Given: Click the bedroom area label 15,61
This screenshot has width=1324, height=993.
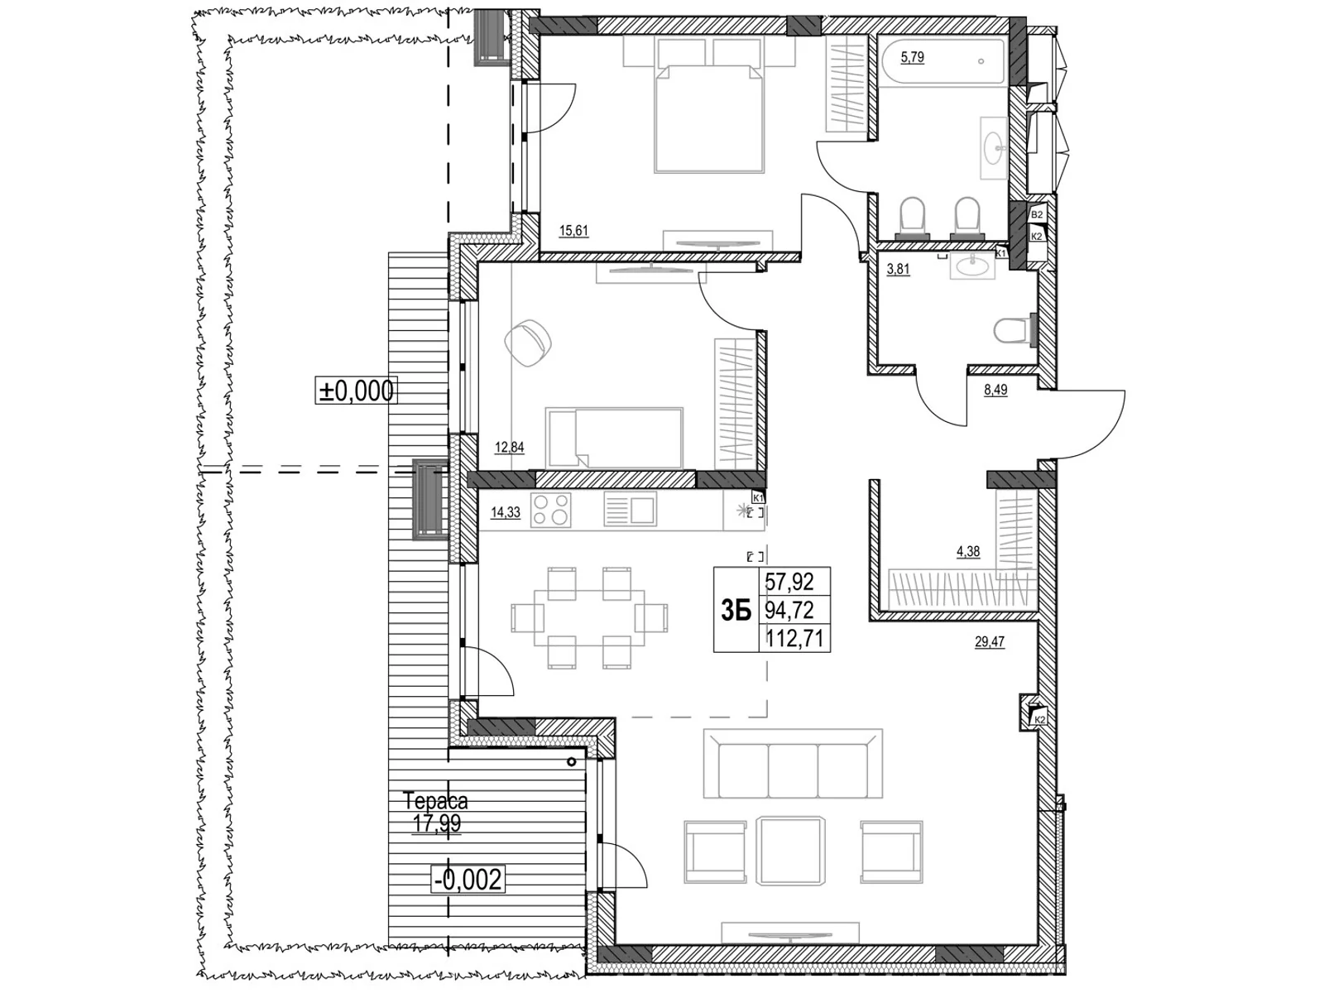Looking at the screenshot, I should pos(573,231).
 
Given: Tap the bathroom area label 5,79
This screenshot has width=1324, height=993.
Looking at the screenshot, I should pos(912,57).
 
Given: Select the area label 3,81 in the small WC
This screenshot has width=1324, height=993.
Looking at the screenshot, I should pos(898,269).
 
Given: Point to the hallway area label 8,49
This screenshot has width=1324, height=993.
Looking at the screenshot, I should pos(995,390).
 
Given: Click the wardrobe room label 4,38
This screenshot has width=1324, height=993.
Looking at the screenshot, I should pos(968,552).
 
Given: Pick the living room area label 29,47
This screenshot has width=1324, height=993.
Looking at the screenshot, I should pos(990,641).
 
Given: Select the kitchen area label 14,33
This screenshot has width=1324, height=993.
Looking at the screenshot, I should pos(506,512).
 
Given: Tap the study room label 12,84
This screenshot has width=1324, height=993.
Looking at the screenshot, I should pos(510,448).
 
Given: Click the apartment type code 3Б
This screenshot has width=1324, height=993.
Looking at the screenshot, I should pos(736,611).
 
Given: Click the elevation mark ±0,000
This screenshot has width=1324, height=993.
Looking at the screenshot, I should pos(357,390).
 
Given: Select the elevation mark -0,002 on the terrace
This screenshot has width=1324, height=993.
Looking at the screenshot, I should pos(468,879).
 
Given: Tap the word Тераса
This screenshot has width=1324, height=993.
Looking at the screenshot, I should pos(435,800).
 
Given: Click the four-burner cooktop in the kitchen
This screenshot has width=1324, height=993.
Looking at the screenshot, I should pos(551,510).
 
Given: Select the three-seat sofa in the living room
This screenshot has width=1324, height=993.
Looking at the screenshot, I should pos(793,765).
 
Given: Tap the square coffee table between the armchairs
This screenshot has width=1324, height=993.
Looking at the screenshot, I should pos(793,851).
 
